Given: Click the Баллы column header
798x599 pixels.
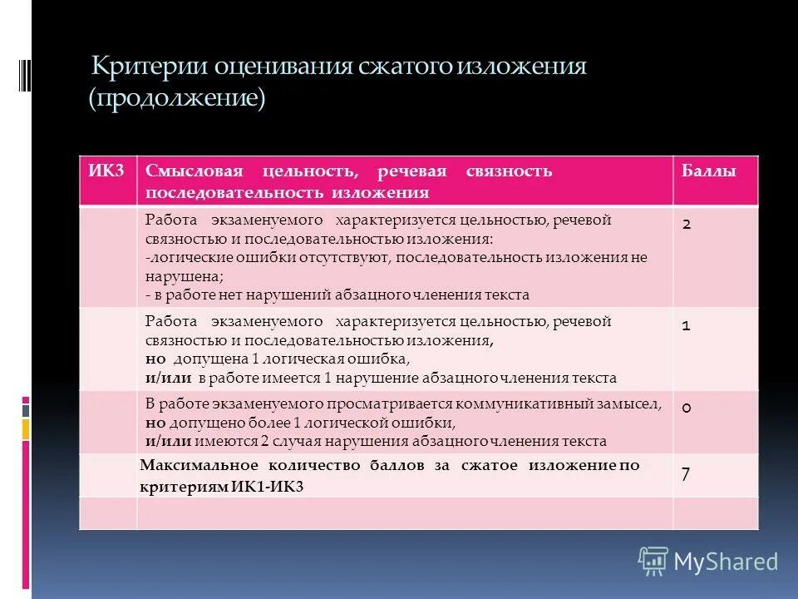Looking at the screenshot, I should pyautogui.click(x=708, y=171).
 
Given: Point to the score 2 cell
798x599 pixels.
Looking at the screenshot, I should pyautogui.click(x=687, y=224).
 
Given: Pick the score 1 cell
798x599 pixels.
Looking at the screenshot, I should pyautogui.click(x=687, y=326).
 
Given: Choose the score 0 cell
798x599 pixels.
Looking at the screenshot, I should pyautogui.click(x=687, y=408).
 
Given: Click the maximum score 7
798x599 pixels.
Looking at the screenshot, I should pyautogui.click(x=686, y=474).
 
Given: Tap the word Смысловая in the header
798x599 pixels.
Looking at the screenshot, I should pyautogui.click(x=194, y=171).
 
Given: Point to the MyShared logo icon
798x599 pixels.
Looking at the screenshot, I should pyautogui.click(x=653, y=562).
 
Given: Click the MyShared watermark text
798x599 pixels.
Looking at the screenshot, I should pyautogui.click(x=726, y=562).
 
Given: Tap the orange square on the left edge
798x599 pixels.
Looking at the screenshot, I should pyautogui.click(x=25, y=429).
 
